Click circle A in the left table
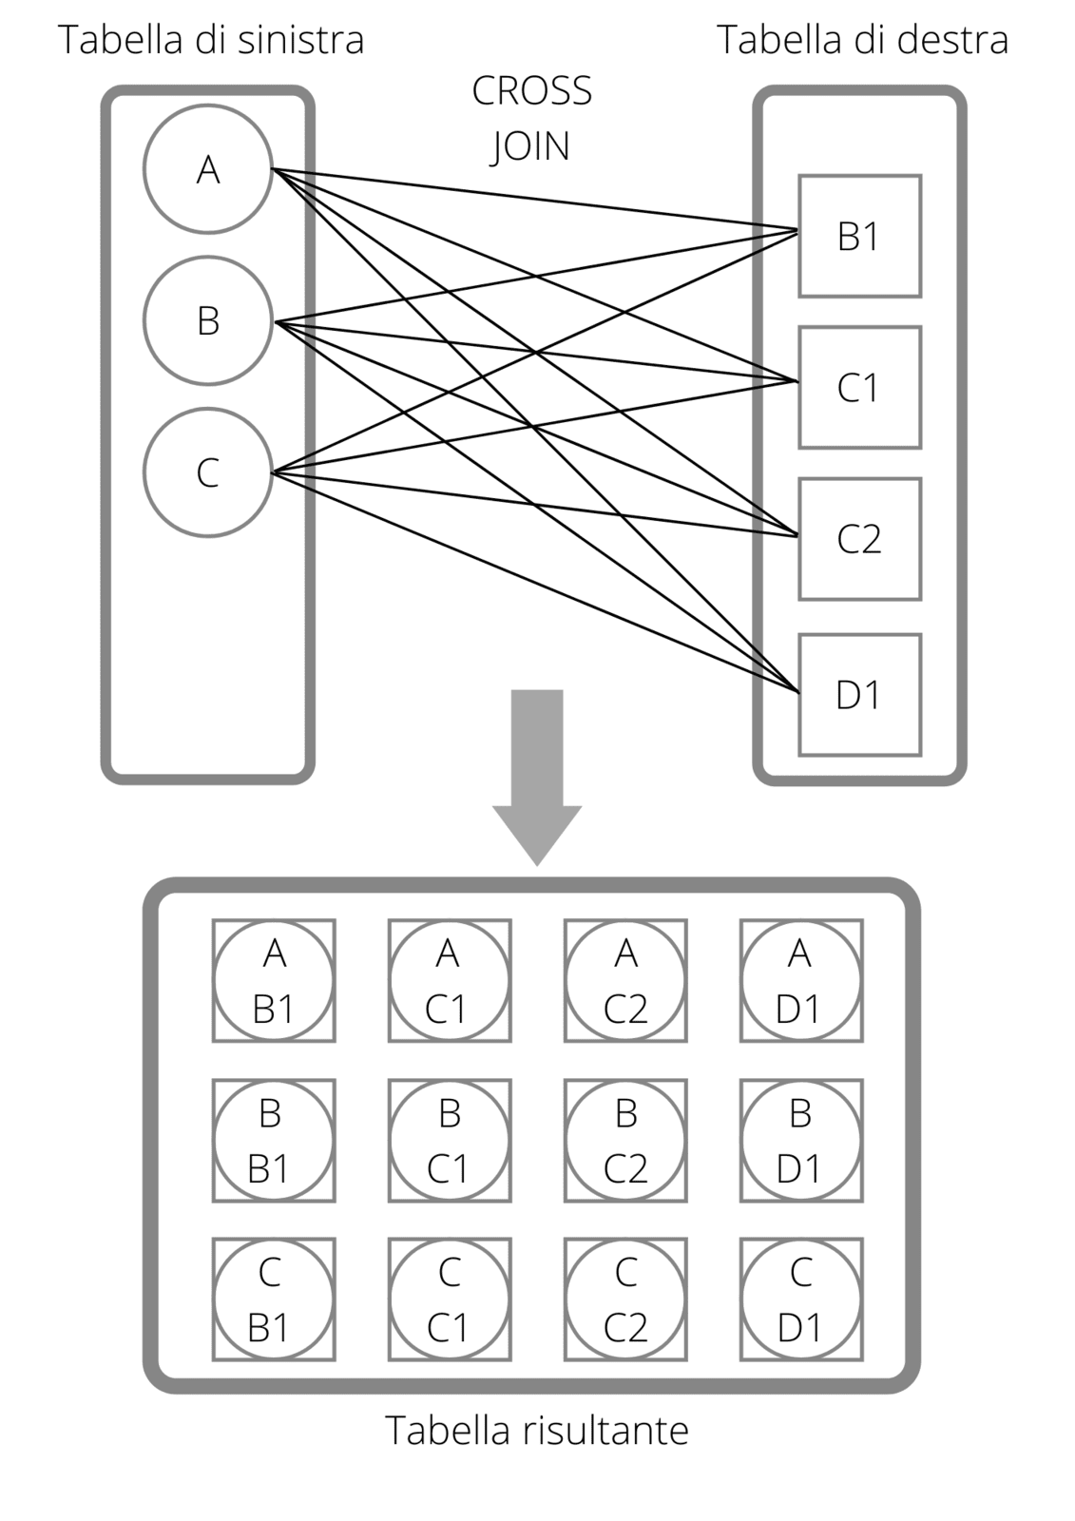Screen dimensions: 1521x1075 tap(208, 169)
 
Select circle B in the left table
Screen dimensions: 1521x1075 tap(208, 321)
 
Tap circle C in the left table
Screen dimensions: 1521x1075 tap(208, 472)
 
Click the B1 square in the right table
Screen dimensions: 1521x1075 tap(859, 236)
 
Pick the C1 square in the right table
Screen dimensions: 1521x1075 tap(859, 387)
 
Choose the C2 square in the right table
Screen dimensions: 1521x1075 tap(859, 539)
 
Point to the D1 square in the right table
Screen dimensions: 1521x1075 tap(859, 694)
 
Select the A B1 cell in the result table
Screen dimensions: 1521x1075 tap(274, 980)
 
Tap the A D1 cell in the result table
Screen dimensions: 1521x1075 tap(800, 980)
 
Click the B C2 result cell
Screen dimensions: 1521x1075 tap(625, 1140)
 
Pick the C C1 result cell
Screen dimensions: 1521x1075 tap(450, 1300)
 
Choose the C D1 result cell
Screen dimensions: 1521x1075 tap(800, 1300)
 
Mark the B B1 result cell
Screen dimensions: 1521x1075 tap(274, 1140)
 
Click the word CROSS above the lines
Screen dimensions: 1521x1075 tap(531, 91)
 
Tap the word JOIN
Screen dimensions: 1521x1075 tap(530, 146)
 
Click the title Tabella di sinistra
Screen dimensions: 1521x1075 tap(211, 40)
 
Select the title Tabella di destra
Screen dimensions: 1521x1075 tap(862, 40)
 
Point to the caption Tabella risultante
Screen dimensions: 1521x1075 tap(537, 1430)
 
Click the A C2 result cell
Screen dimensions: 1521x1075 tap(625, 980)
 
